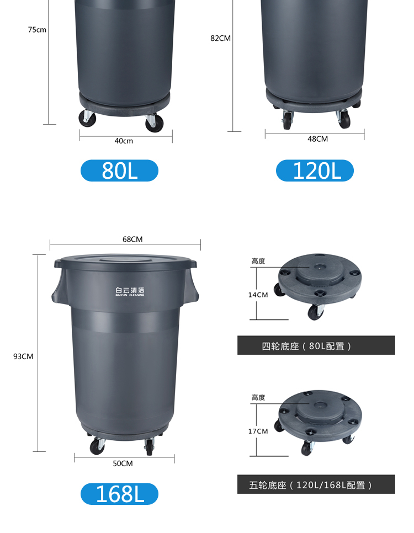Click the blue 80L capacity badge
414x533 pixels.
[119, 170]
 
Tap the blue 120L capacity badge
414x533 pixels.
[315, 170]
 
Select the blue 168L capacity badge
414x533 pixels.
[119, 494]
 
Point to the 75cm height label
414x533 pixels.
[37, 30]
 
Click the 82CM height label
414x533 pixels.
[220, 38]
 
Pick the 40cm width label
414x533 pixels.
[124, 141]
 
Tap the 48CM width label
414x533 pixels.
[318, 139]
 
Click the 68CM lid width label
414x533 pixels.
[132, 239]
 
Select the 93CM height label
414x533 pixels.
[23, 356]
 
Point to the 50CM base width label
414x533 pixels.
[123, 463]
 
